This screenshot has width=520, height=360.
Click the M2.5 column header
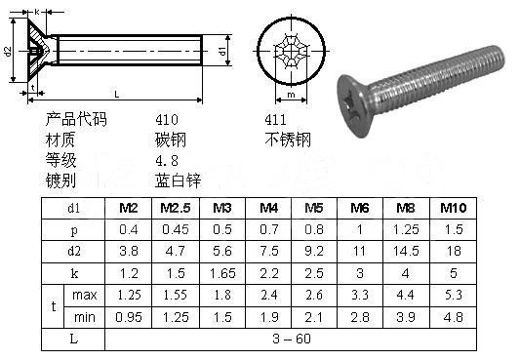pyautogui.click(x=175, y=208)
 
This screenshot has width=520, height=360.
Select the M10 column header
pyautogui.click(x=454, y=208)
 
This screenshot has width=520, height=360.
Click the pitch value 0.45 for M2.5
pyautogui.click(x=175, y=229)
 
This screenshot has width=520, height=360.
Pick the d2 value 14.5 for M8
pyautogui.click(x=406, y=251)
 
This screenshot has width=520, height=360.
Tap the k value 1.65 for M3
pyautogui.click(x=222, y=273)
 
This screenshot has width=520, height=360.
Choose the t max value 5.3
pyautogui.click(x=454, y=295)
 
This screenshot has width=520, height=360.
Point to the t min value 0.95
pyautogui.click(x=129, y=317)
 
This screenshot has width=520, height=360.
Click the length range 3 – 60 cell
pyautogui.click(x=292, y=339)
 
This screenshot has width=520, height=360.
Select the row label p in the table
pyautogui.click(x=74, y=230)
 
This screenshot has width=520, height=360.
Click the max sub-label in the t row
pyautogui.click(x=85, y=295)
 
